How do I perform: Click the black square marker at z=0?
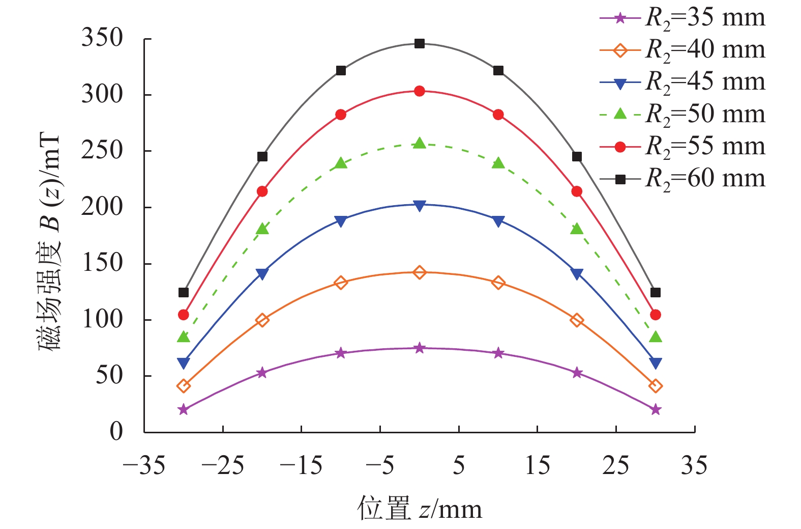tap(420, 44)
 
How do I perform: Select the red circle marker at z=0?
tap(420, 91)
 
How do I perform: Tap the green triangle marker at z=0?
tap(420, 143)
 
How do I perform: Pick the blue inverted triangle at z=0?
tap(420, 206)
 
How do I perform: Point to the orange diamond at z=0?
tap(420, 272)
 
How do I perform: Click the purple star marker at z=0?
tap(420, 348)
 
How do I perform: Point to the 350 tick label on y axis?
tap(102, 38)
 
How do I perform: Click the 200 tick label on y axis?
tap(102, 207)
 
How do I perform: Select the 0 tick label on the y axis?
tap(116, 432)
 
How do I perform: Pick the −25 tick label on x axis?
tap(223, 466)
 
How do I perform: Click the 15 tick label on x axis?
tap(538, 466)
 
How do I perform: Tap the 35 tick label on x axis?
tap(694, 466)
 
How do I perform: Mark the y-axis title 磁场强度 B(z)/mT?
tap(50, 243)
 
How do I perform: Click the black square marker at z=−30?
tap(184, 293)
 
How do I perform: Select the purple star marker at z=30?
tap(656, 409)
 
